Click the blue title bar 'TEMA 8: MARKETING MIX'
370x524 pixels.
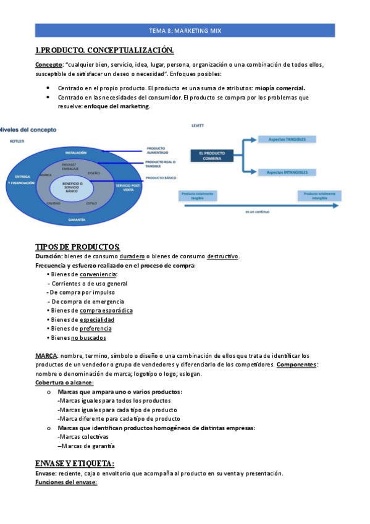coord(185,30)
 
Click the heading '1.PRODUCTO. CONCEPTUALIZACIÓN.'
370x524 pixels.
coord(104,50)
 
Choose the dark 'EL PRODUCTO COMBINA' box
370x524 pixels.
coord(212,156)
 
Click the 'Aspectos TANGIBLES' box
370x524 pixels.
coord(287,139)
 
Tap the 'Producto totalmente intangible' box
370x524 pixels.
coord(320,195)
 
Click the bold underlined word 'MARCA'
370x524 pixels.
coord(46,357)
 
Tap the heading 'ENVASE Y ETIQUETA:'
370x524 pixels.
coord(75,463)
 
